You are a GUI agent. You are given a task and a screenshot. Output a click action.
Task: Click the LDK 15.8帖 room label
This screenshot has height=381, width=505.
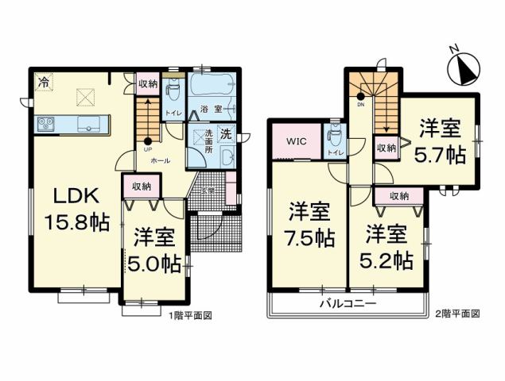(70, 209)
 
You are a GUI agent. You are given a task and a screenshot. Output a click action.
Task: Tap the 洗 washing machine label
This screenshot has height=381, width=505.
(225, 133)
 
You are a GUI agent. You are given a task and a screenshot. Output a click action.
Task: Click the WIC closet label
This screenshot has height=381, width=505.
(296, 143)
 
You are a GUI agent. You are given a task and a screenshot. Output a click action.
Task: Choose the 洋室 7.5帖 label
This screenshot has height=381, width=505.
(309, 224)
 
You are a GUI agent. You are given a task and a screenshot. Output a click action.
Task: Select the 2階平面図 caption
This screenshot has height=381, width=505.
(458, 314)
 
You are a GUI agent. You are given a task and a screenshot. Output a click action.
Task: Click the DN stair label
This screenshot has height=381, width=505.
(359, 104)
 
